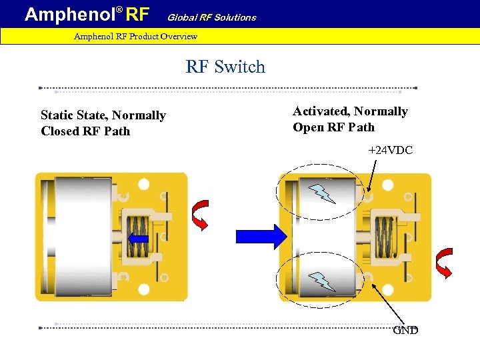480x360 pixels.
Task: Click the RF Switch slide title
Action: [225, 67]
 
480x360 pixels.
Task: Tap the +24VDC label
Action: [391, 151]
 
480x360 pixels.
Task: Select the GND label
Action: [405, 330]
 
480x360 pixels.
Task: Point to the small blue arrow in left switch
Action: [138, 238]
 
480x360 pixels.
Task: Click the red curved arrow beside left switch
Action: [200, 214]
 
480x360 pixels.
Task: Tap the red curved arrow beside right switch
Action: [443, 262]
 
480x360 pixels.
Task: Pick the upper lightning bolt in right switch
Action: [323, 193]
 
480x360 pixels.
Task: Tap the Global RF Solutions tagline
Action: [211, 17]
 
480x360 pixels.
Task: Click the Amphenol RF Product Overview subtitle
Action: [135, 36]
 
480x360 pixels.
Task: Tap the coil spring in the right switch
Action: [386, 237]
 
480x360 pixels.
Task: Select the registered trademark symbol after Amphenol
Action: [120, 9]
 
